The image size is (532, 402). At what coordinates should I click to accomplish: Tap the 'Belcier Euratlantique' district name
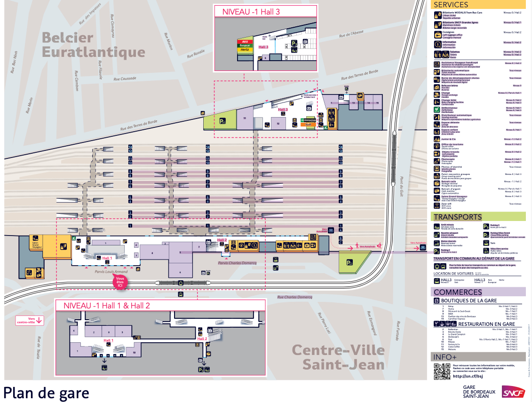[x=93, y=45]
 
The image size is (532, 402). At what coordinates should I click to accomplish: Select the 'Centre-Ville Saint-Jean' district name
[x=338, y=357]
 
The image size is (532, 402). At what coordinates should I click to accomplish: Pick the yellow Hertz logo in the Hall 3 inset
[x=244, y=49]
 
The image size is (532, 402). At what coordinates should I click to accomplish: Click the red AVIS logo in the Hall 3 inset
[x=245, y=41]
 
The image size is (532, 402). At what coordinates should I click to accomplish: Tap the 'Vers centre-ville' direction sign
[x=30, y=320]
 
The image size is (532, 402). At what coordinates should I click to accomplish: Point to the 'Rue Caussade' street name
[x=125, y=79]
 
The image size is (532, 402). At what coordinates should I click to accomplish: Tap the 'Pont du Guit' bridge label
[x=402, y=188]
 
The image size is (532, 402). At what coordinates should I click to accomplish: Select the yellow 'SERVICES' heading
[x=451, y=5]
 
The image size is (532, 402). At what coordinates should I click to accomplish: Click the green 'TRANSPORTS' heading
[x=457, y=217]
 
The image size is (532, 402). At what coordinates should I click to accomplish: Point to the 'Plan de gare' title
[x=46, y=392]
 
